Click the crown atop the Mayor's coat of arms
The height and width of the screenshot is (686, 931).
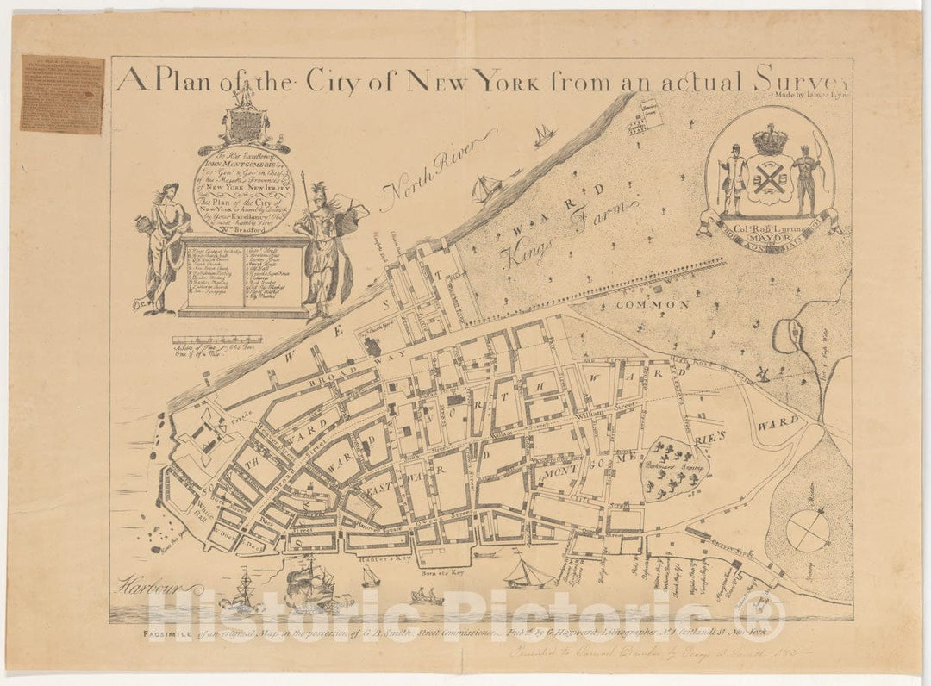click(769, 138)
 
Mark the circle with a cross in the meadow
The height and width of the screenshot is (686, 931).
click(808, 530)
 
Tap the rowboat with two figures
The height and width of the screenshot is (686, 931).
click(427, 596)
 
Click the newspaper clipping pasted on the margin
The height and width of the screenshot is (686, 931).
click(61, 94)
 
